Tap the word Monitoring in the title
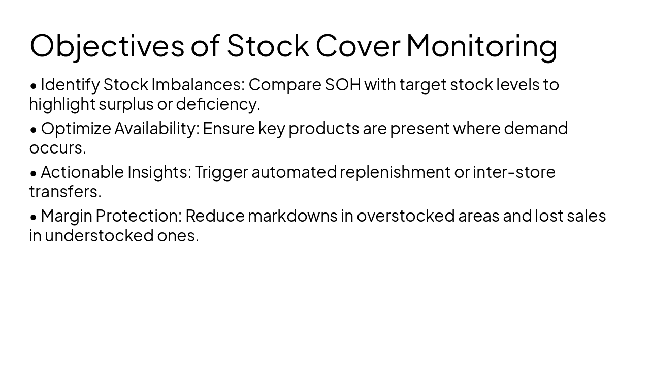[481, 46]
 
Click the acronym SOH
[342, 84]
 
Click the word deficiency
[217, 104]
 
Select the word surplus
[125, 104]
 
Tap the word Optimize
[75, 128]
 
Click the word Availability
[156, 128]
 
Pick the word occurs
[57, 148]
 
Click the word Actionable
[82, 172]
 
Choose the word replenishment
[395, 172]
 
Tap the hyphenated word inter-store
[513, 172]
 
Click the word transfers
[65, 192]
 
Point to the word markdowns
[292, 216]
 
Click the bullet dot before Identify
[34, 86]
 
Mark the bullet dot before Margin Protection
[34, 217]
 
